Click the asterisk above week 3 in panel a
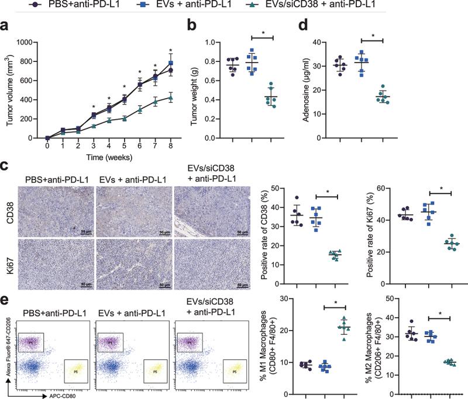(x=94, y=107)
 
